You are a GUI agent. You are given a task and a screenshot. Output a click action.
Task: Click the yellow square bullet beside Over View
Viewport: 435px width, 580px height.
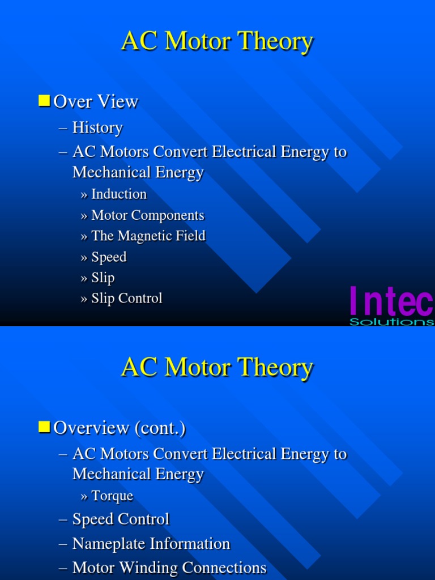tap(45, 101)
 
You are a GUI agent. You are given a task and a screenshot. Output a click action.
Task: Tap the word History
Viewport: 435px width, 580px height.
tap(97, 128)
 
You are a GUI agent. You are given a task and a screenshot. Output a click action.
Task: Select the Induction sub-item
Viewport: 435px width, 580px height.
tap(119, 194)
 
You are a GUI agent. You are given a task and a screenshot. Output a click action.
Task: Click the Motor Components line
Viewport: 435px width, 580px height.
tap(147, 215)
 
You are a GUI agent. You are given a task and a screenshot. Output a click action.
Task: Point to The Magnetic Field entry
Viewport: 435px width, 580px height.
tap(148, 236)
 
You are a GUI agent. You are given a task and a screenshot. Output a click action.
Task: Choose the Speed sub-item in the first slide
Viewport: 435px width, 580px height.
tap(109, 257)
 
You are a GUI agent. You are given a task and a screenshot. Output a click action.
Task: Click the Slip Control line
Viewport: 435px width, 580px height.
tap(127, 298)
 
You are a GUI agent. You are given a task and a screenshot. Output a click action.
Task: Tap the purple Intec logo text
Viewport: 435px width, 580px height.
tap(391, 301)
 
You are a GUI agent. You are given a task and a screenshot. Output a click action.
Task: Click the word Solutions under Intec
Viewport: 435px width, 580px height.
tap(391, 322)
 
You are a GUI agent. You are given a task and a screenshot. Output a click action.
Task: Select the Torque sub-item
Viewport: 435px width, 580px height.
tap(112, 496)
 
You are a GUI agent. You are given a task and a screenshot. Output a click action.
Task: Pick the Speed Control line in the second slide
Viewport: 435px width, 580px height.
tap(121, 519)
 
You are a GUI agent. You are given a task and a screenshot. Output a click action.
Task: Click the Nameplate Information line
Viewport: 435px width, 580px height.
tap(151, 544)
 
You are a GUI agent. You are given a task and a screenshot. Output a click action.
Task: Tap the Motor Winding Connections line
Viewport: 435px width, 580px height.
tap(169, 568)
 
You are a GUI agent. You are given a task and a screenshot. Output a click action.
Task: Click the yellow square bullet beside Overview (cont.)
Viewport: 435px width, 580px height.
tap(45, 428)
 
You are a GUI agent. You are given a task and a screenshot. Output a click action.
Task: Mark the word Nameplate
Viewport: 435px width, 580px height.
tap(109, 544)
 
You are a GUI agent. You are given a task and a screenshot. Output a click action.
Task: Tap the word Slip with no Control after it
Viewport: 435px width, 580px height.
tap(103, 278)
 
